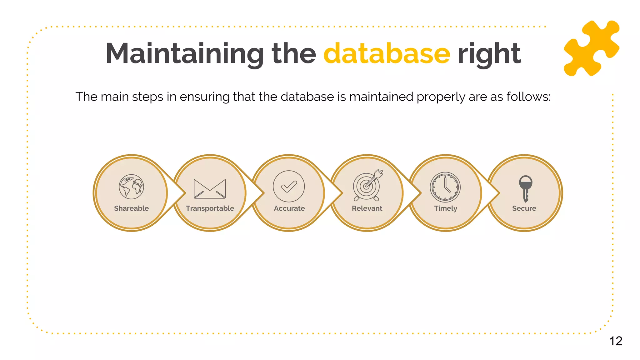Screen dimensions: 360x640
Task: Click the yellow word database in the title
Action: [x=387, y=53]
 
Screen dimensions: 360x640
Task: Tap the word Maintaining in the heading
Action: [x=185, y=53]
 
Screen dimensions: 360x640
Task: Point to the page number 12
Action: [x=616, y=341]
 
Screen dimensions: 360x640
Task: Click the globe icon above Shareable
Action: [x=132, y=187]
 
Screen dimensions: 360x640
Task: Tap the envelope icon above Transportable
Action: [x=210, y=189]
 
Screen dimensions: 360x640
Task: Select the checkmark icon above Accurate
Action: [x=289, y=186]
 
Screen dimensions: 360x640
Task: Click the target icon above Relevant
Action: [x=367, y=186]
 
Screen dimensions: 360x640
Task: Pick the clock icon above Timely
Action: [x=445, y=187]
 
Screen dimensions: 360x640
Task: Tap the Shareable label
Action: [x=132, y=208]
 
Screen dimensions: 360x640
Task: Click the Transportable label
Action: [x=210, y=208]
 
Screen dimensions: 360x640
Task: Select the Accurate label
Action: [x=289, y=208]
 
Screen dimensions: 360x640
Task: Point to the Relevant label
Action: [x=367, y=208]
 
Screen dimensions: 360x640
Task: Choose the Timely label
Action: [x=446, y=208]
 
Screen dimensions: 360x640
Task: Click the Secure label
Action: [x=524, y=208]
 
